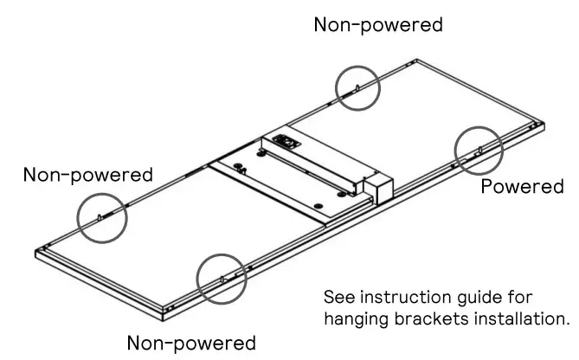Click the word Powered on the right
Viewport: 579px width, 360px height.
[x=522, y=186]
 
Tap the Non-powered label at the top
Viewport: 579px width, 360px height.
[x=378, y=24]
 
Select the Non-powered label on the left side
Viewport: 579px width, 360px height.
[x=88, y=174]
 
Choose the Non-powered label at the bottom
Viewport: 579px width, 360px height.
[x=191, y=342]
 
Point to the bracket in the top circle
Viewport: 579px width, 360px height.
[x=357, y=87]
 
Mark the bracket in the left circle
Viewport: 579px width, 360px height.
[x=100, y=216]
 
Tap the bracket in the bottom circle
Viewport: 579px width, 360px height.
[x=222, y=280]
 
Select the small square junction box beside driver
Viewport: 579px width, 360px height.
[x=378, y=186]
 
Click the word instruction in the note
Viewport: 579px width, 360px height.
[x=403, y=297]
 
